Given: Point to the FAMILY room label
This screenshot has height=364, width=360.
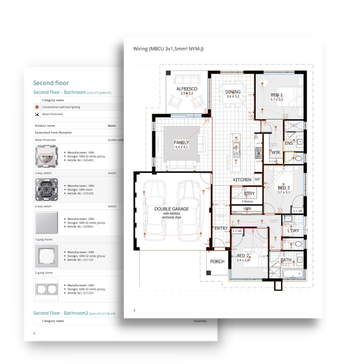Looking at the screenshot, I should pos(181,143).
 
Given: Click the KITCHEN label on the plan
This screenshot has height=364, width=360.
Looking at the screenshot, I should pos(242,180).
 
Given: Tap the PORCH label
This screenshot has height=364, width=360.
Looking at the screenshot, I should pos(217,261).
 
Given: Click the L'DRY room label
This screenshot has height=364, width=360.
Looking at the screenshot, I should pos(294,231).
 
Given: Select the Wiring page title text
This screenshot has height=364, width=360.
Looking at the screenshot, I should pos(168,48).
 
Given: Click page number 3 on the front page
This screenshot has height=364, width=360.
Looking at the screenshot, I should pos(134,310).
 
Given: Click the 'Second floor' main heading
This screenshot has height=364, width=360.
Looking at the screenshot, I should pos(51,83).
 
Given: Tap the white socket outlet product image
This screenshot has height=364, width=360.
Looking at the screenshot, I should pos(46,157).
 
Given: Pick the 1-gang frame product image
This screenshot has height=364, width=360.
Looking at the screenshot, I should pos(46,256).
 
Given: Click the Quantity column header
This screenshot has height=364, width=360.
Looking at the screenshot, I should pos(200,321).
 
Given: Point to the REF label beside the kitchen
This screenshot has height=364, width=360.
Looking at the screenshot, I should pos(258,179).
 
